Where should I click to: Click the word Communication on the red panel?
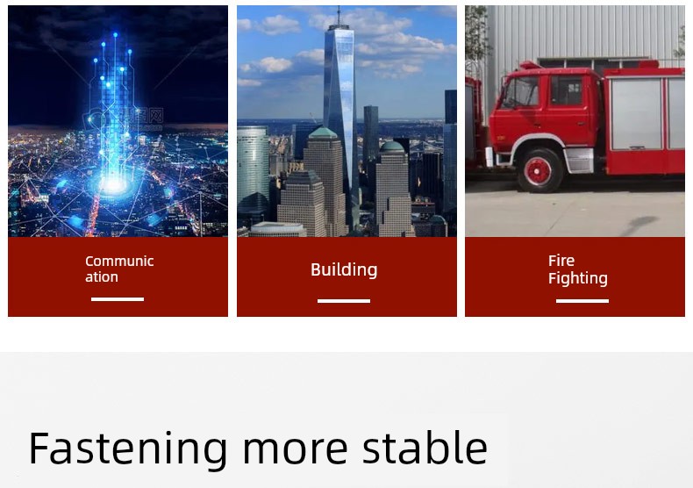[119, 269]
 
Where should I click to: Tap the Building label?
[344, 269]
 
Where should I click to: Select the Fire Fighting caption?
[578, 269]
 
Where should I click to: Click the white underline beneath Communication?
[118, 299]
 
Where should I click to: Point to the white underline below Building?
[344, 301]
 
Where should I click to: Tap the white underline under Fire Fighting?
[582, 301]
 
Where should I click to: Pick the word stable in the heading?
[425, 448]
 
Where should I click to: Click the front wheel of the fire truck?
[539, 170]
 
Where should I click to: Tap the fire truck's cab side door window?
[566, 90]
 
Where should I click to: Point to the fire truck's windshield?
[521, 92]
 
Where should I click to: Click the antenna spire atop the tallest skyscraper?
[339, 16]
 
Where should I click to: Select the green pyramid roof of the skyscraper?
[324, 133]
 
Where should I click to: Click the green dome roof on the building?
[392, 147]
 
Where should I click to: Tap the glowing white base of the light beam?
[114, 185]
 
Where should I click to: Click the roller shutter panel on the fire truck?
[636, 113]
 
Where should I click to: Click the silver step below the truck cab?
[579, 161]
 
